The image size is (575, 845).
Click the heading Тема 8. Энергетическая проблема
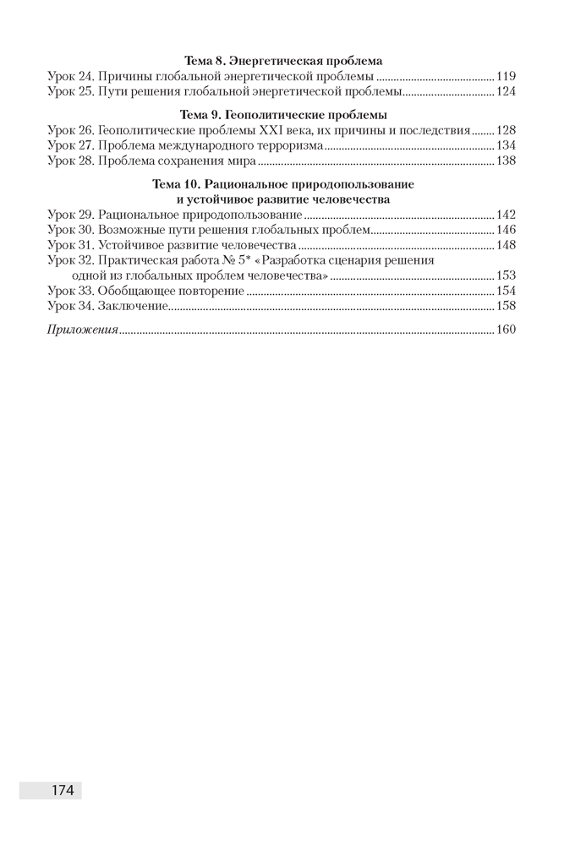click(282, 61)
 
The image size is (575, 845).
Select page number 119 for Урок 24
click(505, 76)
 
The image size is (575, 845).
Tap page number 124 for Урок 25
click(505, 91)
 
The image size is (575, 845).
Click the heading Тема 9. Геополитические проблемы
click(282, 115)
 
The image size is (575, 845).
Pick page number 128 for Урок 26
click(505, 130)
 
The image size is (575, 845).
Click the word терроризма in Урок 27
click(292, 145)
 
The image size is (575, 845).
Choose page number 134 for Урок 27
click(505, 145)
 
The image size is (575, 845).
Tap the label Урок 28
click(70, 161)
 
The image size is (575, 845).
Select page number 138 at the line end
click(505, 161)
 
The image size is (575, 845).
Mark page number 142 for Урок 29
click(505, 215)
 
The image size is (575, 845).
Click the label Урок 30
click(70, 230)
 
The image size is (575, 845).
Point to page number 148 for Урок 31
click(505, 245)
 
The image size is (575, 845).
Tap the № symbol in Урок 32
click(227, 261)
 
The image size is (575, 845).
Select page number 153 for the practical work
click(505, 275)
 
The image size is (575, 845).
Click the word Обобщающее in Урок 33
click(135, 291)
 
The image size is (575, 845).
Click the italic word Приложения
click(82, 330)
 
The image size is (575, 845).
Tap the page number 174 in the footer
click(63, 791)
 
